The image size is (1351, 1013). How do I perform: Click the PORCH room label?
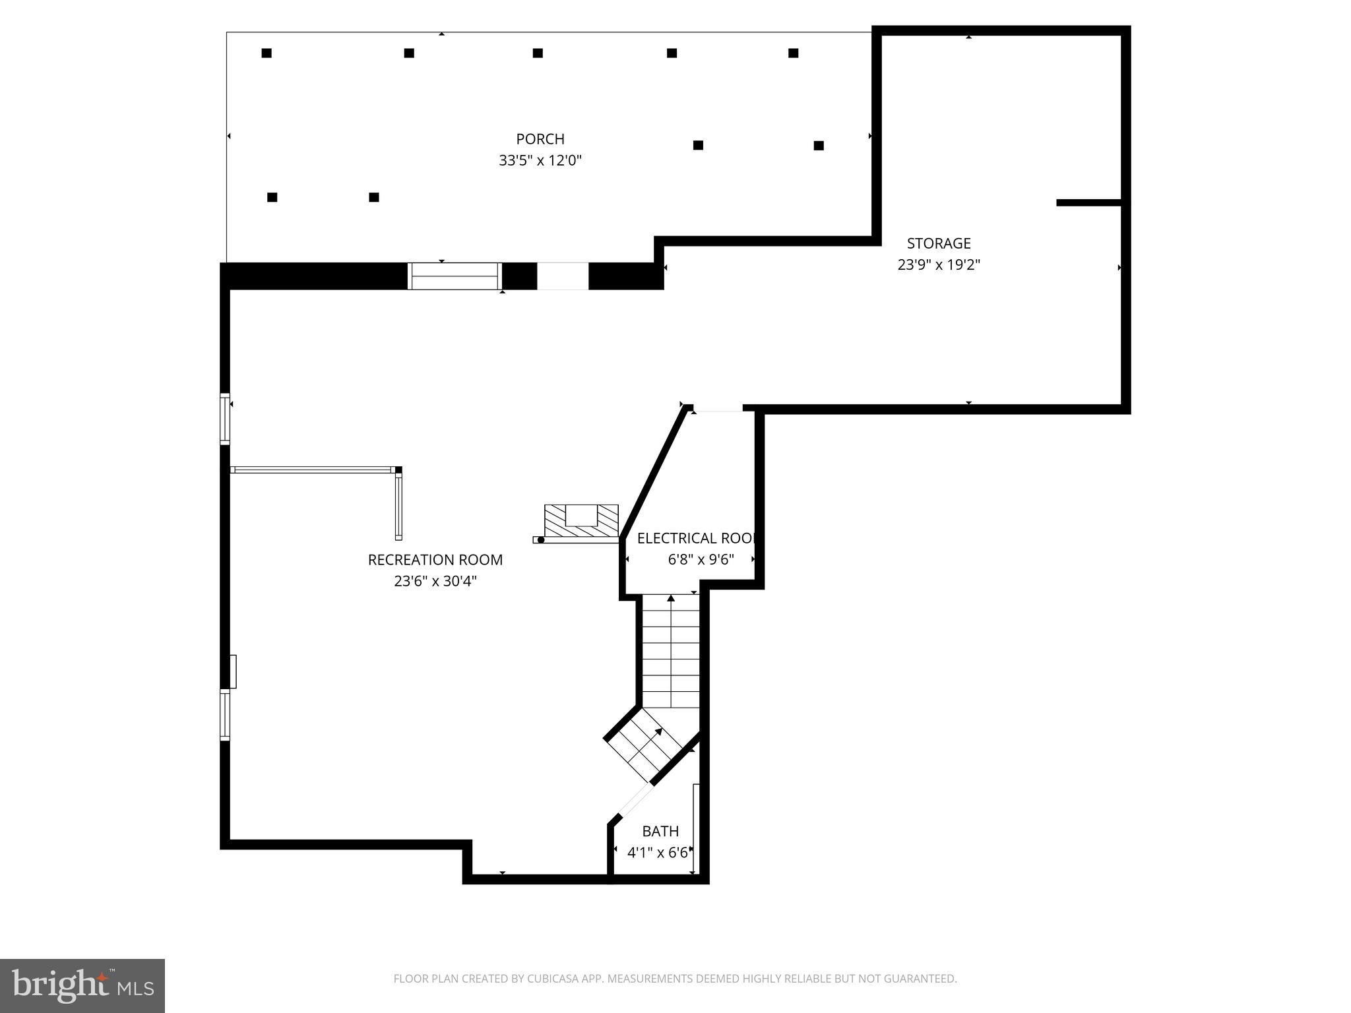[540, 139]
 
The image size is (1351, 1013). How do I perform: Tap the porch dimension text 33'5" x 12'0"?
[540, 160]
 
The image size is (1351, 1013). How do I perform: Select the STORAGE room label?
[939, 243]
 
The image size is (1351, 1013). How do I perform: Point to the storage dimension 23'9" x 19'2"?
[939, 265]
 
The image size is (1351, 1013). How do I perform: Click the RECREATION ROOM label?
[435, 560]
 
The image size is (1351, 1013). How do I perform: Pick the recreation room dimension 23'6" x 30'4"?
[435, 581]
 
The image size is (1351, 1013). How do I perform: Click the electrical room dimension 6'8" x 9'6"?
[701, 560]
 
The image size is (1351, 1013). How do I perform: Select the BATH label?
[660, 831]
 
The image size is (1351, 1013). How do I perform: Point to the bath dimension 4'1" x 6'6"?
[658, 853]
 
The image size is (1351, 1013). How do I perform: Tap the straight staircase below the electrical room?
[671, 650]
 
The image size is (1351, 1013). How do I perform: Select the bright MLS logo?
[82, 985]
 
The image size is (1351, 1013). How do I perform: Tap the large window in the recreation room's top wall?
[455, 276]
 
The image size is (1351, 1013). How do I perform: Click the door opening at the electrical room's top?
[718, 409]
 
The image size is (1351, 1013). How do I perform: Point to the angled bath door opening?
[635, 801]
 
